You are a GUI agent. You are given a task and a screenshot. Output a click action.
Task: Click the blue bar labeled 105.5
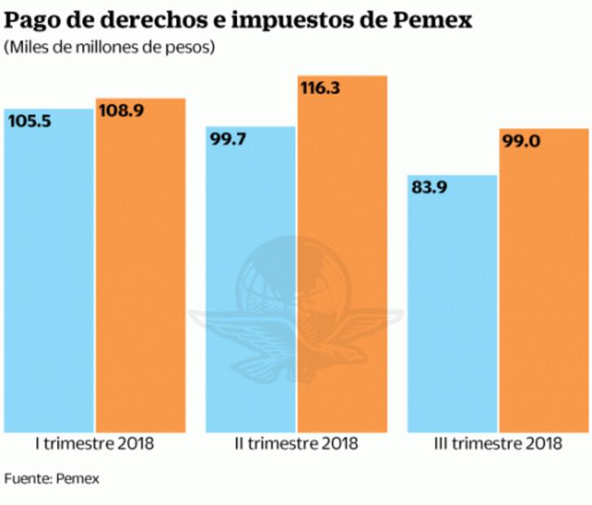click(49, 277)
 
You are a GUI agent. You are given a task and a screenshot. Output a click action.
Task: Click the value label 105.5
click(29, 121)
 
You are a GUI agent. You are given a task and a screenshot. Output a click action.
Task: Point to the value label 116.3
click(324, 88)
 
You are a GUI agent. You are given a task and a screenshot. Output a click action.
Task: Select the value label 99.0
click(523, 141)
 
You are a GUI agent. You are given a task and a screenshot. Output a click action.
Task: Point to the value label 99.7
click(230, 139)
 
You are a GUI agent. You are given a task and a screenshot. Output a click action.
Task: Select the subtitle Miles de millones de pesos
click(109, 48)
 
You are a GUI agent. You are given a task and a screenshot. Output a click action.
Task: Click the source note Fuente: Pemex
click(51, 478)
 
